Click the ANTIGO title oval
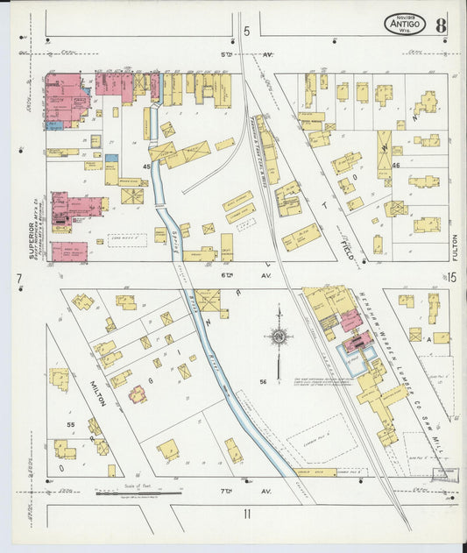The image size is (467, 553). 405,25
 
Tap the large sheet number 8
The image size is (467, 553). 440,24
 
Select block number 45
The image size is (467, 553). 146,166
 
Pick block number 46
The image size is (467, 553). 395,164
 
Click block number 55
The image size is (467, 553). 71,423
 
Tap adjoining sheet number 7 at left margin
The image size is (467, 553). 18,279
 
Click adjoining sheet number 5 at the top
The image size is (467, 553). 246,32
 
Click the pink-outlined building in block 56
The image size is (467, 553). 138,394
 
